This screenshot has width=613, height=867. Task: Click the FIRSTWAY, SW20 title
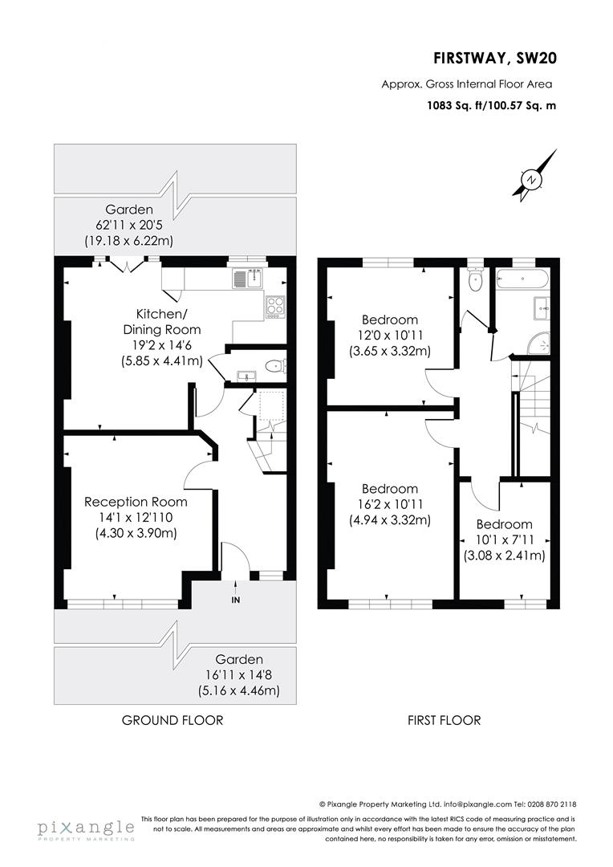click(x=494, y=58)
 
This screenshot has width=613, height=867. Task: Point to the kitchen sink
click(x=247, y=279)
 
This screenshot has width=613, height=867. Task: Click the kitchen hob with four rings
click(x=275, y=306)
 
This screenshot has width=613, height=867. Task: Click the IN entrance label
click(x=235, y=600)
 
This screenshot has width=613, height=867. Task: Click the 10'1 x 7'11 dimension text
click(x=504, y=539)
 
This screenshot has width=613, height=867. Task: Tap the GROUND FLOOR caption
click(x=173, y=720)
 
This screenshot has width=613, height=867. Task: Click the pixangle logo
click(x=85, y=829)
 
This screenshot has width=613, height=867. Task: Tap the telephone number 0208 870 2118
click(x=551, y=804)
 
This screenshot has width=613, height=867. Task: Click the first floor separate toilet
click(x=475, y=280)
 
